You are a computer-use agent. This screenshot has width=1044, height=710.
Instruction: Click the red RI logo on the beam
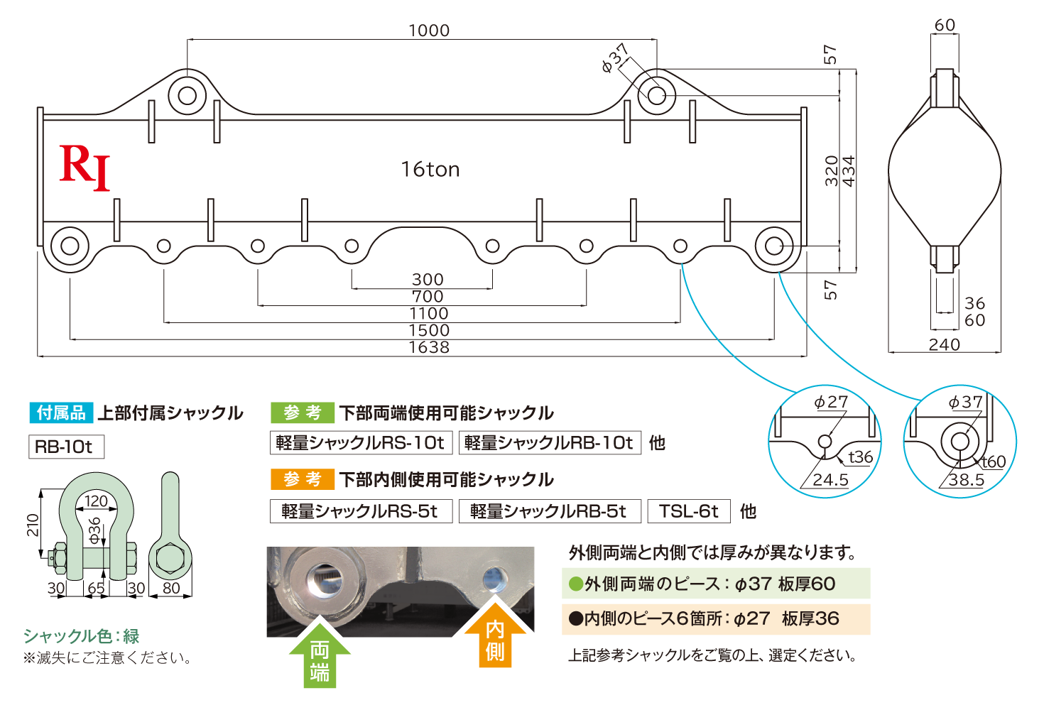85,168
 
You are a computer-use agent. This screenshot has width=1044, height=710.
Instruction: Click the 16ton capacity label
430,170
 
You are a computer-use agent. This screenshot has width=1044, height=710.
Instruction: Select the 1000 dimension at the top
429,31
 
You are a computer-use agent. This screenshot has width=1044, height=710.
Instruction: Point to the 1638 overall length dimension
429,348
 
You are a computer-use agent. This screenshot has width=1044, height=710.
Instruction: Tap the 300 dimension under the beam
428,280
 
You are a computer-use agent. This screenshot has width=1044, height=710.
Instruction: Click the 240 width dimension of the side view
945,345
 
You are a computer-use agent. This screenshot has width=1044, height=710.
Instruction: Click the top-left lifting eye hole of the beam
187,96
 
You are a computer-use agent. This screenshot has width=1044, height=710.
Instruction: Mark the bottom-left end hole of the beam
70,246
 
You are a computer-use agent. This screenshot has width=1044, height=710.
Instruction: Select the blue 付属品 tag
61,413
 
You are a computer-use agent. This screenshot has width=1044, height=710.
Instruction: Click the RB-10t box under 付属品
66,447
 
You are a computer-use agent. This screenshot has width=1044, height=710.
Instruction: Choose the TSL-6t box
689,511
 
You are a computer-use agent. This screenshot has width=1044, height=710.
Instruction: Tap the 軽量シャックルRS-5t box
361,511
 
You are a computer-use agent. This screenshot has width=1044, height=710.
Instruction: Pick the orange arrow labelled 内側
495,635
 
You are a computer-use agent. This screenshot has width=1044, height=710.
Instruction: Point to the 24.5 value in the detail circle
830,480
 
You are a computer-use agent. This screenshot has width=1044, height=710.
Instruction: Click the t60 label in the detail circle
994,461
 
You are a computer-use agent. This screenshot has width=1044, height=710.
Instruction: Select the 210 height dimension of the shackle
33,525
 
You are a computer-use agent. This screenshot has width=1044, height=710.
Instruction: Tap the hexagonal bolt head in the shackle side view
170,558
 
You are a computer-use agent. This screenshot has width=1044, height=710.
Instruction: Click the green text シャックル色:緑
81,636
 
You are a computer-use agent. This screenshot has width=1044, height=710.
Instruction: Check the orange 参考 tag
303,479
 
